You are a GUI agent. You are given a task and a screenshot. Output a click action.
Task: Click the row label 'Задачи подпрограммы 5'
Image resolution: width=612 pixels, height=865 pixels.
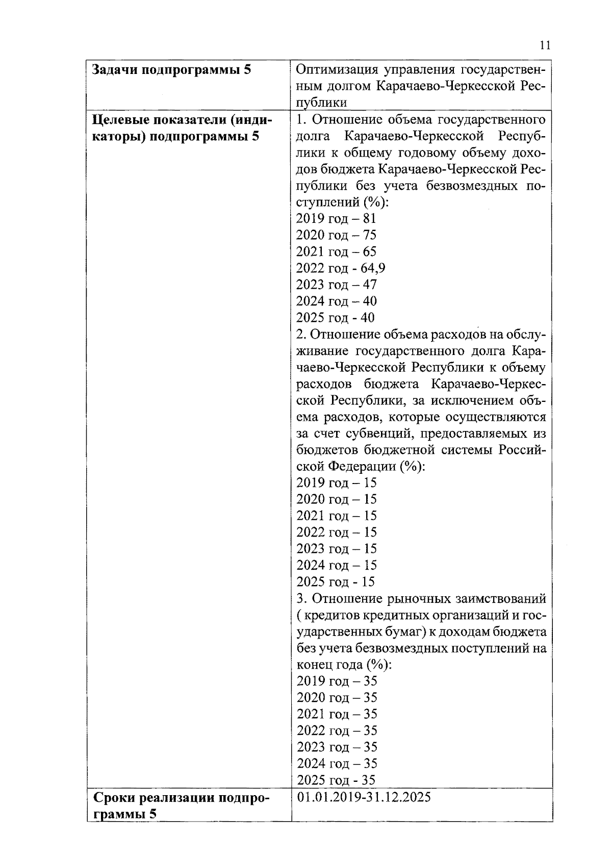pos(171,70)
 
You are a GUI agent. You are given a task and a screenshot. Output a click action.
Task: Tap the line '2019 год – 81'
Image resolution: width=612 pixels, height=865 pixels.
pos(336,218)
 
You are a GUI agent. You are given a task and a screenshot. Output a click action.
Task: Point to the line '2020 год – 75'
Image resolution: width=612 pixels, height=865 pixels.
pos(336,235)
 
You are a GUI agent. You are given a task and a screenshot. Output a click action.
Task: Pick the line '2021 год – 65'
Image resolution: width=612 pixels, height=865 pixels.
pos(336,251)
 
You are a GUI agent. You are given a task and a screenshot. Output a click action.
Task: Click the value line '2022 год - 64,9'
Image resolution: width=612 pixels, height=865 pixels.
pos(341,268)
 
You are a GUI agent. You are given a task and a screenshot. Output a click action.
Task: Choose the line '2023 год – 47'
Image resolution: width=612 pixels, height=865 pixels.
pos(336,285)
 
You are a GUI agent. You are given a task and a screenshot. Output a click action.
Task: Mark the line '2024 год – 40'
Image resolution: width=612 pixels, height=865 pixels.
pos(336,301)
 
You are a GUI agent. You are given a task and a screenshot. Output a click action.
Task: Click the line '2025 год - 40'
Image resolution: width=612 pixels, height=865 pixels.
pos(335,318)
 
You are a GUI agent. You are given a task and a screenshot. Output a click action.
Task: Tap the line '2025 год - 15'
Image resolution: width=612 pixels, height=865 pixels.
pos(335,582)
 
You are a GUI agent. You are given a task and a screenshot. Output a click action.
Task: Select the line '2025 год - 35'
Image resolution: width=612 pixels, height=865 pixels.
pos(336,780)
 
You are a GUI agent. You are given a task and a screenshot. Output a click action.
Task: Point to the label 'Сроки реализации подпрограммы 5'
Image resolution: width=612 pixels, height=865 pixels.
pos(181,805)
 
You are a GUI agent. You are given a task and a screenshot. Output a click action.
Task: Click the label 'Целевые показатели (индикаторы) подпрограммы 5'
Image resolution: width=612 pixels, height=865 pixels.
pos(182,128)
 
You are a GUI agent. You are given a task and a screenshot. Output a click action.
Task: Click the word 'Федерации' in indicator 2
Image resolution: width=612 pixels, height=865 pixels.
pos(361,467)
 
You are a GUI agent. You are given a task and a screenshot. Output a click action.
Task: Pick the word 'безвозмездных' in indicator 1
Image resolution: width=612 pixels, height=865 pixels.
pos(474,185)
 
